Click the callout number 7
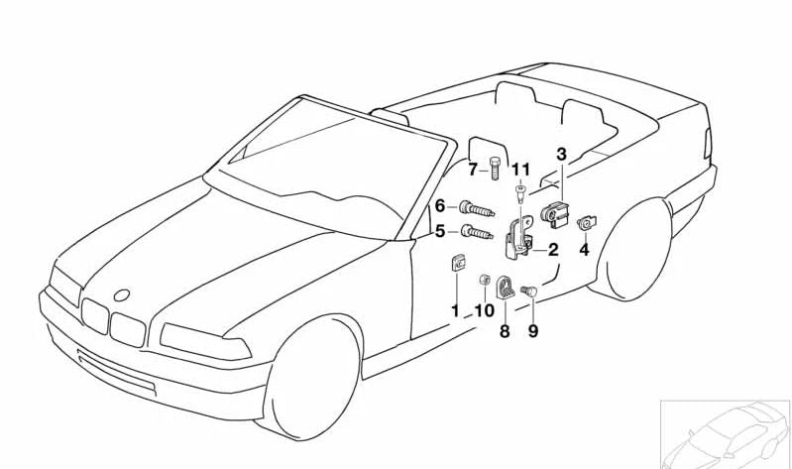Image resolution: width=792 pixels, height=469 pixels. [473, 170]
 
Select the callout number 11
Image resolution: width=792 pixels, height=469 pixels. [521, 170]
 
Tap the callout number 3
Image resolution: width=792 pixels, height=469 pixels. [562, 154]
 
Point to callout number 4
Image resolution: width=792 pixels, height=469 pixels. [584, 250]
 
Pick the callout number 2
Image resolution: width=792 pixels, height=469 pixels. [553, 250]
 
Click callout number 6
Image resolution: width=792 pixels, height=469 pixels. [440, 206]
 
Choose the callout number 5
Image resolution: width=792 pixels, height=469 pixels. [440, 231]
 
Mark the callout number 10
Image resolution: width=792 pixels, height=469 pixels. [484, 310]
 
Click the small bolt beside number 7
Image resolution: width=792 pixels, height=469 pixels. [495, 169]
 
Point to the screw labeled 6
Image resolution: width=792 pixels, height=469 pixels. [477, 208]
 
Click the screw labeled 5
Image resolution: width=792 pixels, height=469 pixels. [477, 233]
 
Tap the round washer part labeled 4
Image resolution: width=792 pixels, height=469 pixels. [587, 222]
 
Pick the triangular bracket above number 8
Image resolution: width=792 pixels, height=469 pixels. [505, 289]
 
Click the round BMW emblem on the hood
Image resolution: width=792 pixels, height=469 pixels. [121, 295]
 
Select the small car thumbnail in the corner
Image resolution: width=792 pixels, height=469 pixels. [726, 434]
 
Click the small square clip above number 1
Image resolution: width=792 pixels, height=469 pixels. [457, 264]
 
